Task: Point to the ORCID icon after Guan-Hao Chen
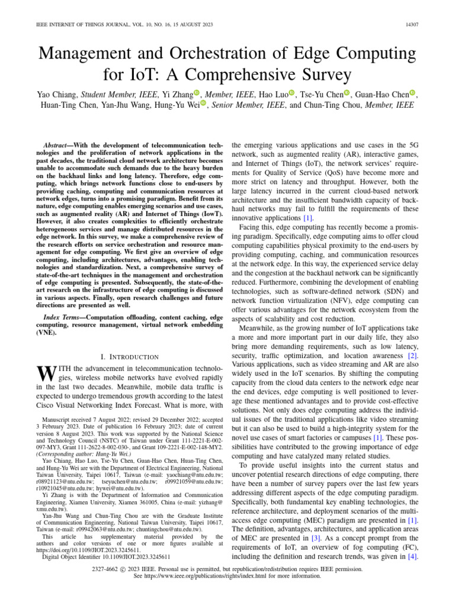click(x=413, y=94)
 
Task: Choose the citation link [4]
click(x=412, y=557)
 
